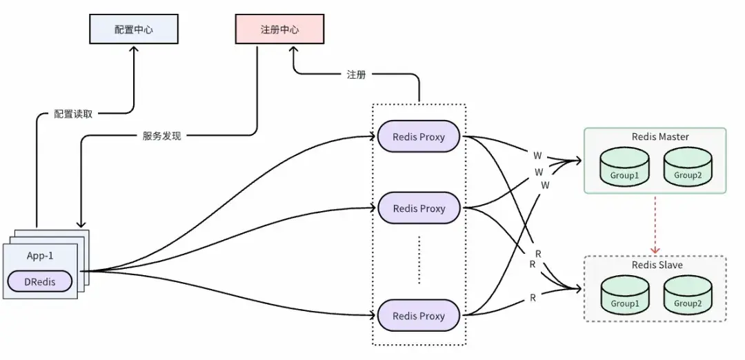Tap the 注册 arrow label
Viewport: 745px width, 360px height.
(356, 74)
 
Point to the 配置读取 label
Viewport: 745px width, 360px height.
(73, 114)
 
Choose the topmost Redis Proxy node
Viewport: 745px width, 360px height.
(419, 137)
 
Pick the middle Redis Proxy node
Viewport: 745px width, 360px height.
(419, 208)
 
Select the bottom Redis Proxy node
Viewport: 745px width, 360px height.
(419, 316)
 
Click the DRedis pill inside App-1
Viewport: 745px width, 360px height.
(41, 281)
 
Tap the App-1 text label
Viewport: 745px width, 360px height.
(40, 255)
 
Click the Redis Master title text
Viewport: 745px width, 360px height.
(660, 137)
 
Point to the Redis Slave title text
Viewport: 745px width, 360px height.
(657, 266)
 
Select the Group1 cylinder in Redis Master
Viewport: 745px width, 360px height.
(624, 168)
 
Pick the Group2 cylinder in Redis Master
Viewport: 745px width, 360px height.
(688, 168)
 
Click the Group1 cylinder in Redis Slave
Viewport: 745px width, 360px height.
(624, 297)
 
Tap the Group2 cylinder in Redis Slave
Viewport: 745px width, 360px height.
(688, 297)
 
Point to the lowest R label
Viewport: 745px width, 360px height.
(533, 298)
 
